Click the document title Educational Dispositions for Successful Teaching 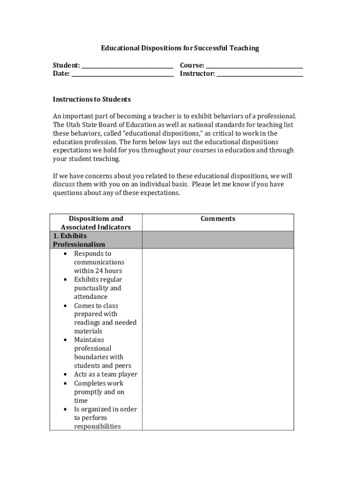click(x=180, y=48)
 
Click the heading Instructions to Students click(x=92, y=99)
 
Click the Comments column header click(x=218, y=218)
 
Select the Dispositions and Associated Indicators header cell click(x=96, y=223)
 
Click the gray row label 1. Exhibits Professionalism click(x=79, y=240)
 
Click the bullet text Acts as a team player click(x=106, y=374)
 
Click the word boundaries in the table click(x=92, y=357)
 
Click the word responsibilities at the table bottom click(x=97, y=426)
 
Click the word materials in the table click(x=88, y=331)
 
